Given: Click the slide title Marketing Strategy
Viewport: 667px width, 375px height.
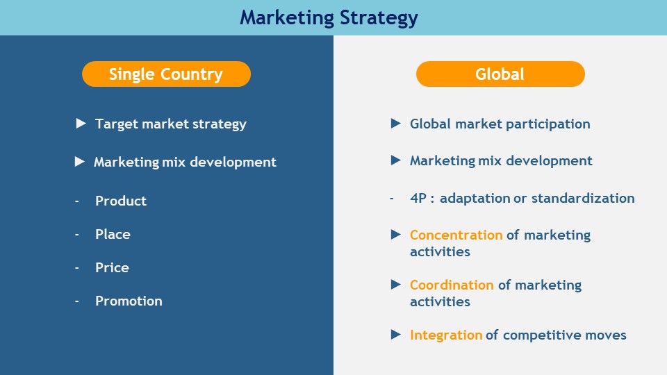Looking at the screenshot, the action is click(329, 18).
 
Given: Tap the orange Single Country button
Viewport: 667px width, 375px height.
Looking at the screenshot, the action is click(166, 74).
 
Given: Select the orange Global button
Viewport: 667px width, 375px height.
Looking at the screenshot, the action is click(500, 74).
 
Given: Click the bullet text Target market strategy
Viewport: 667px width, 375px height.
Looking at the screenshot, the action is click(171, 124).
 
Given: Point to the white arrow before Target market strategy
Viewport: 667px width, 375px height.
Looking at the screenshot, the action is click(81, 124).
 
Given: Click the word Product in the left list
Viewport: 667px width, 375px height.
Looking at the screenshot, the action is click(121, 201).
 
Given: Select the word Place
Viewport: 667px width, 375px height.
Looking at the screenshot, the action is click(113, 234).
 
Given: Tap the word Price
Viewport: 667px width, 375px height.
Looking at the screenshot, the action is click(112, 267).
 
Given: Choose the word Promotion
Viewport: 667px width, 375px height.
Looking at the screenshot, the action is click(129, 301).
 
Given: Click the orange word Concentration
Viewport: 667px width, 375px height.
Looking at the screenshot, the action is click(456, 235).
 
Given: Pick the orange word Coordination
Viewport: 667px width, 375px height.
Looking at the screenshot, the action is click(452, 285).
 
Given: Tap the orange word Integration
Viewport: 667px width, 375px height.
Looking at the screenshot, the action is click(446, 335).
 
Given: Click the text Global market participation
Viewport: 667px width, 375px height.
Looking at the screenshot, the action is click(500, 124).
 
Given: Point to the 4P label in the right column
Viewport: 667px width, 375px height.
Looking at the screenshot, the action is click(418, 198).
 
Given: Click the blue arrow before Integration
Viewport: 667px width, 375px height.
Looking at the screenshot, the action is click(395, 334).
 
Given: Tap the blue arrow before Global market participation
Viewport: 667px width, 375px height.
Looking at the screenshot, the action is click(395, 124).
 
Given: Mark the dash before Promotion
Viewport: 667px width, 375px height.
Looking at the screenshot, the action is click(77, 301).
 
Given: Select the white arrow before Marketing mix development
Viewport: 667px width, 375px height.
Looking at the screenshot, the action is click(79, 162).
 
